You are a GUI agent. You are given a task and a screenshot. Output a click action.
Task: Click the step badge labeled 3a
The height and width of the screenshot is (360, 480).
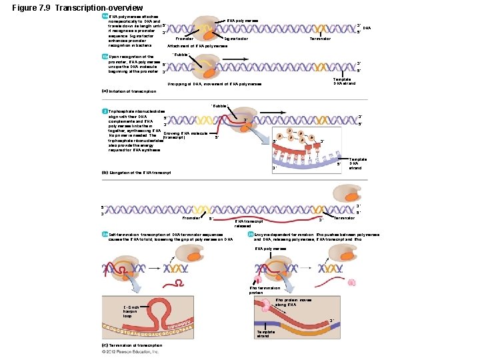pos(105,235)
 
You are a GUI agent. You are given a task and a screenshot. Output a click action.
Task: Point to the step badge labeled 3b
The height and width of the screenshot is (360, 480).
pos(250,235)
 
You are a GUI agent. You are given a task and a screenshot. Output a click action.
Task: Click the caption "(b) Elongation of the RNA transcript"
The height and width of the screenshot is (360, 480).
pos(136,173)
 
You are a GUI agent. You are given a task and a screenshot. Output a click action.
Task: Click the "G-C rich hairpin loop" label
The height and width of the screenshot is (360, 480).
pos(133,311)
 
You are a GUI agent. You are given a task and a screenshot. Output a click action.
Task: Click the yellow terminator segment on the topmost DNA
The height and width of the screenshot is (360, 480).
pos(319,29)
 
